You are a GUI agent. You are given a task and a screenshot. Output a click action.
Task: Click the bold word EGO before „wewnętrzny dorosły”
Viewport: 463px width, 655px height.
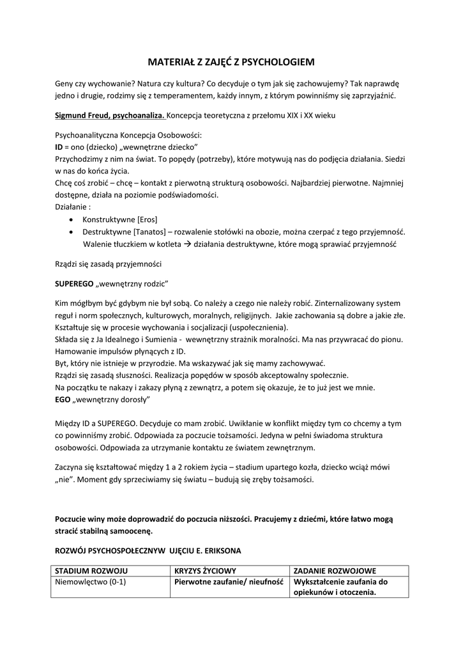pos(62,400)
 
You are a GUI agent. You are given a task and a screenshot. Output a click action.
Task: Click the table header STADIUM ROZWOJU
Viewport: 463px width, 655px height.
pos(92,571)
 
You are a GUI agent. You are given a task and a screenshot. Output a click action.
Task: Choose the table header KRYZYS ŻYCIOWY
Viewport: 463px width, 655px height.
pos(205,571)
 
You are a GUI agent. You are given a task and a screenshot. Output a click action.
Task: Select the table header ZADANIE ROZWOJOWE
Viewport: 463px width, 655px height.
pos(334,571)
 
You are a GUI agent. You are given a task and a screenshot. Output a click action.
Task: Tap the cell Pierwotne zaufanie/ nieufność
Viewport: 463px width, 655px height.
pos(229,582)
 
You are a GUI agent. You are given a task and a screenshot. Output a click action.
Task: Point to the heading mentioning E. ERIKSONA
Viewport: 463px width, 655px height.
pos(148,550)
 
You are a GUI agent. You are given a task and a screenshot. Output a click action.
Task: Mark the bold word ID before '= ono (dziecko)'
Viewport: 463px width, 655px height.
pos(59,146)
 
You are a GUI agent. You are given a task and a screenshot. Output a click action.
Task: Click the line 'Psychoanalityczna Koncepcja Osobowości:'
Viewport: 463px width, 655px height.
pos(128,135)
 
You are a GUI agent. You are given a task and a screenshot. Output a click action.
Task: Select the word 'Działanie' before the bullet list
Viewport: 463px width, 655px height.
pos(72,207)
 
